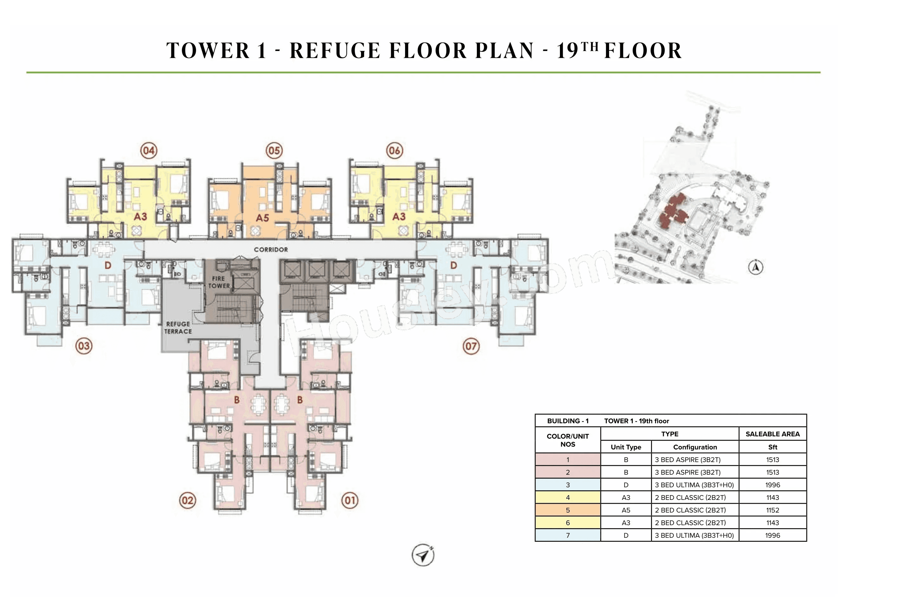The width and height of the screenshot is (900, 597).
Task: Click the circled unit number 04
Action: [x=149, y=150]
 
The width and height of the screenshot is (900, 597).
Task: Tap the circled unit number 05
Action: [x=274, y=150]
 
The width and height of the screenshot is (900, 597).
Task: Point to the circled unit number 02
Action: [x=187, y=500]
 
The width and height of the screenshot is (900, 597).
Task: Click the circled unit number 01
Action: [x=350, y=500]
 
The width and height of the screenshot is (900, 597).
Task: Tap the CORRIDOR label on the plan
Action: [x=271, y=250]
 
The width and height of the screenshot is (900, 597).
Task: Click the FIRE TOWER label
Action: [x=219, y=282]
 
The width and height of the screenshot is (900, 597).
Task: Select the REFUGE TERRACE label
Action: [x=178, y=328]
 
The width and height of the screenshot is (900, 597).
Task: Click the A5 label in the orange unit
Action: [x=262, y=218]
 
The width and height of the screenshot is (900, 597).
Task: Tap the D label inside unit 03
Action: [x=108, y=265]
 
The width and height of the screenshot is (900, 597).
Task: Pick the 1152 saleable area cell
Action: [x=772, y=510]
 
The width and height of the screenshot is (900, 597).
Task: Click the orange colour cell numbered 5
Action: [x=568, y=510]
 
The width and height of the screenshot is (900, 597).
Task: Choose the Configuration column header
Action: [x=694, y=447]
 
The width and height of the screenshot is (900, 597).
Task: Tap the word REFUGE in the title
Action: [x=335, y=51]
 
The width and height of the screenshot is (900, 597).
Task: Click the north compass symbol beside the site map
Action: [x=755, y=267]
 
